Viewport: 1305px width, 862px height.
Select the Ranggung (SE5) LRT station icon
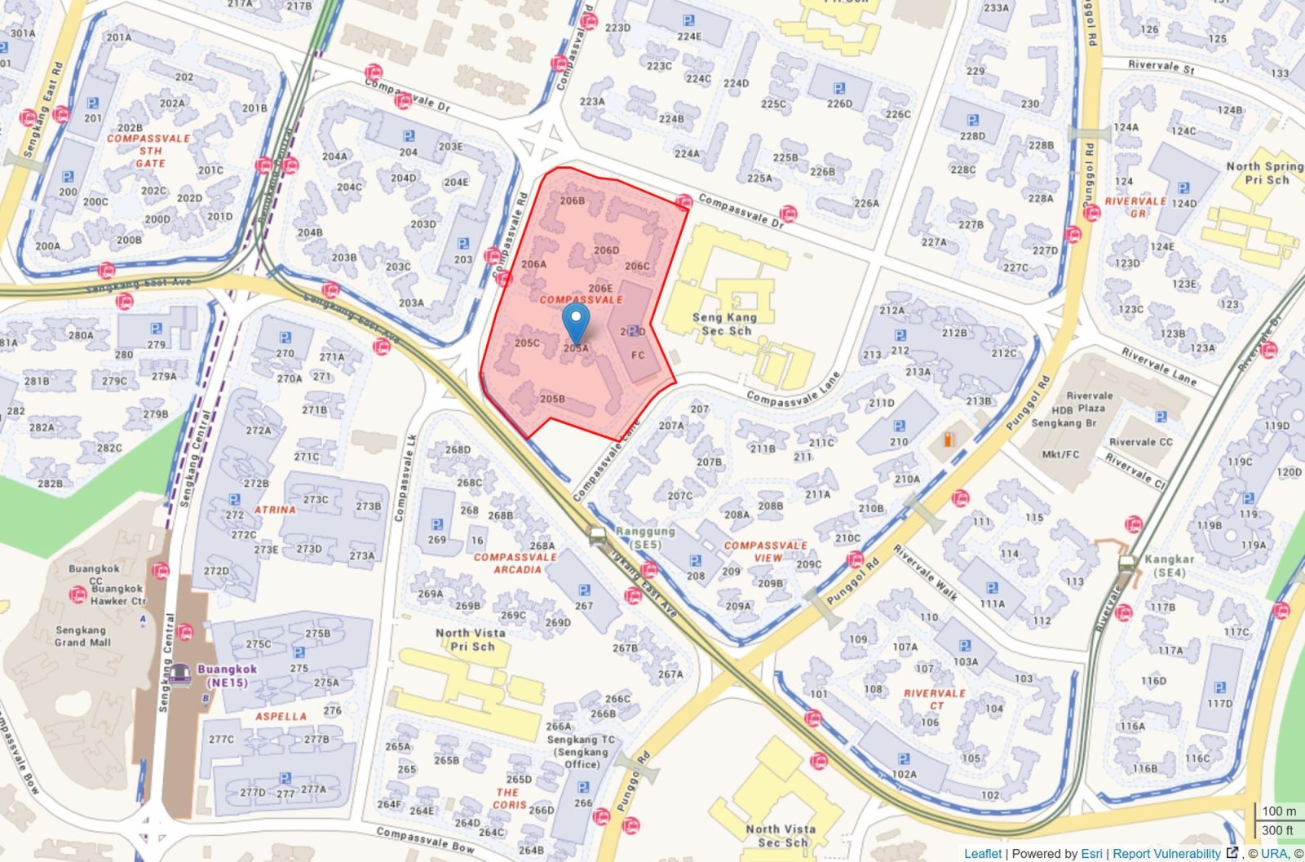click(x=598, y=536)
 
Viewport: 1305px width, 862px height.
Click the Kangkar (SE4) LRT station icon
click(x=1127, y=563)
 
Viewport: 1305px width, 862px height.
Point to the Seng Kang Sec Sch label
click(x=725, y=324)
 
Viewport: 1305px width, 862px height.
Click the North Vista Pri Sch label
click(x=470, y=639)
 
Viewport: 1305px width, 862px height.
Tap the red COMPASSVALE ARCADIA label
click(x=515, y=563)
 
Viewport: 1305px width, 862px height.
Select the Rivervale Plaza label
click(x=1089, y=401)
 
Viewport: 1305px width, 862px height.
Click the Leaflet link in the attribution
click(x=982, y=853)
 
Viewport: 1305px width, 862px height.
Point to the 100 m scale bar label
click(x=1278, y=811)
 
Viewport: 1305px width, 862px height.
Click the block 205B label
click(x=552, y=399)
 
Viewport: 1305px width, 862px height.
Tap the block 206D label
click(x=606, y=250)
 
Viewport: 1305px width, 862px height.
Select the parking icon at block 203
click(x=463, y=244)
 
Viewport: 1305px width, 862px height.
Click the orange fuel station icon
click(x=948, y=440)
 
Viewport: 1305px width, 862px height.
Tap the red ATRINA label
click(x=275, y=510)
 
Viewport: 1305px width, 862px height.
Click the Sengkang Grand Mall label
click(x=82, y=635)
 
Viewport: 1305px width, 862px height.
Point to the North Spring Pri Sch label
click(x=1265, y=172)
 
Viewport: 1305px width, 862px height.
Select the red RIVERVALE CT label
click(x=935, y=699)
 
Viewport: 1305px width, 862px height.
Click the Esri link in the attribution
click(x=1090, y=853)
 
